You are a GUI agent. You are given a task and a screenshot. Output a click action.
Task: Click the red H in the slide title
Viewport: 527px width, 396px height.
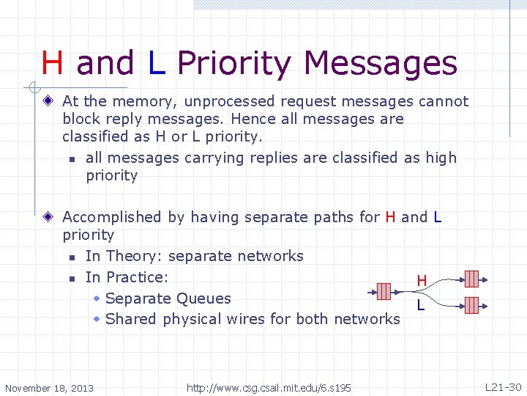click(x=53, y=64)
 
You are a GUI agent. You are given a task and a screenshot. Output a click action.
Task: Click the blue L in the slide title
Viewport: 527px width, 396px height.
click(x=156, y=64)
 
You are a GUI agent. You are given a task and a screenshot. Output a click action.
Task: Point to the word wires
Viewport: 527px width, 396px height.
click(x=235, y=319)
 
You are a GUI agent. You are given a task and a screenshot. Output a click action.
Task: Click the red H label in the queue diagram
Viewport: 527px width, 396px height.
click(x=422, y=281)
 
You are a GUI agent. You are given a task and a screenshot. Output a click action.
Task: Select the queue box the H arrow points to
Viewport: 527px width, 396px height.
click(x=471, y=278)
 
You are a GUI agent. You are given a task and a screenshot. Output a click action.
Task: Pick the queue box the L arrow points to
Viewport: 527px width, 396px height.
click(x=471, y=304)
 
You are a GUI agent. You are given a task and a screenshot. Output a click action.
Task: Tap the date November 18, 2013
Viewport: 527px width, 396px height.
click(x=49, y=387)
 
